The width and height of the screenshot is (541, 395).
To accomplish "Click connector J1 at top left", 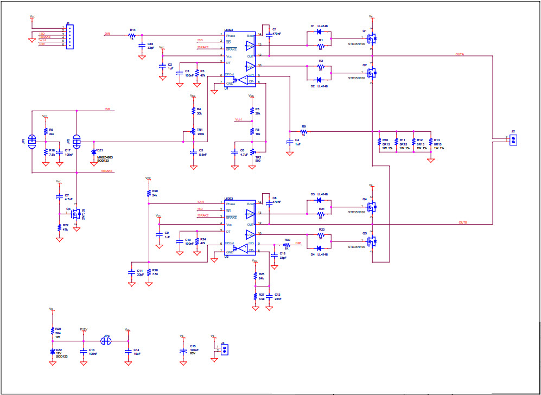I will tap(70, 37).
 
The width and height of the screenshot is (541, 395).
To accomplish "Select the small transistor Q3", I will tap(75, 213).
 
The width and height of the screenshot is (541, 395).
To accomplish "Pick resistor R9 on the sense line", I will tap(304, 131).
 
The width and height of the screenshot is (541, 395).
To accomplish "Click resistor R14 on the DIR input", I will tap(131, 35).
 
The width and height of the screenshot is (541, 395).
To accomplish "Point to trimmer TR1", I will tap(193, 132).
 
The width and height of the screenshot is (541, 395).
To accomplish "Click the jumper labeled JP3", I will tap(107, 341).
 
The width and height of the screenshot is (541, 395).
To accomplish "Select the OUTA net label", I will tap(460, 54).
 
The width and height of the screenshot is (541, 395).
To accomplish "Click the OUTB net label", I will tap(463, 222).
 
